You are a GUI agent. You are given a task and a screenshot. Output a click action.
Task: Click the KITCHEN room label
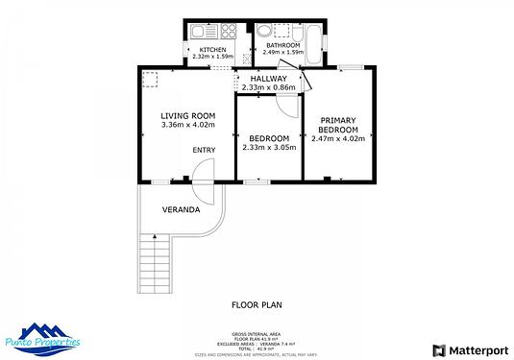[x=212, y=49]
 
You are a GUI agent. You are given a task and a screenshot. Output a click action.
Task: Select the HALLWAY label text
[x=268, y=79]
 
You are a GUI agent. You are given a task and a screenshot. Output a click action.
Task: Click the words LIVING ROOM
[x=187, y=115]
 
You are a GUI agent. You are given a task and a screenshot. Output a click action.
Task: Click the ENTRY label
[x=204, y=150]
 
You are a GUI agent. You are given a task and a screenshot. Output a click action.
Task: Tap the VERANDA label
[x=181, y=208]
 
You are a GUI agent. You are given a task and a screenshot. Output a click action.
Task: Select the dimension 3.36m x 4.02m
[x=187, y=125]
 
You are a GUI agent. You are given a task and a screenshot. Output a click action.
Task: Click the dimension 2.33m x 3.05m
[x=268, y=147]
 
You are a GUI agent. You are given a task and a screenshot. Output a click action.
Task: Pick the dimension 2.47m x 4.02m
[x=339, y=139]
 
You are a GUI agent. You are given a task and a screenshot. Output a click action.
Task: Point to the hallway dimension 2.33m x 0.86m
[x=268, y=88]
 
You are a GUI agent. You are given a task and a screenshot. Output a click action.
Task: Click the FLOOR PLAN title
[x=257, y=305]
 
